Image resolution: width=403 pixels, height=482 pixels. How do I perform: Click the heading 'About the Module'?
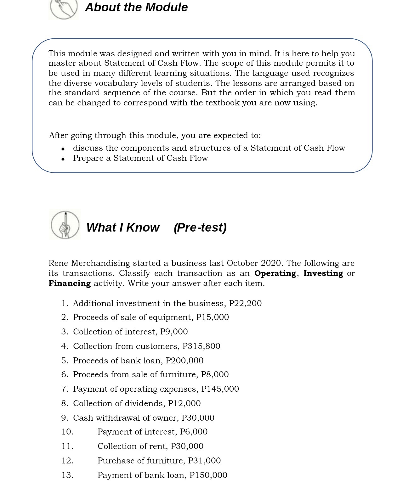136,7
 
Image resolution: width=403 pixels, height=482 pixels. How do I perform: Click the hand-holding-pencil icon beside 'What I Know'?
65,225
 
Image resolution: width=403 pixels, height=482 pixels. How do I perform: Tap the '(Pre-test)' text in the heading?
200,227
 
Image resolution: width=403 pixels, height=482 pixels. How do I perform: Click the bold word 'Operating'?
275,273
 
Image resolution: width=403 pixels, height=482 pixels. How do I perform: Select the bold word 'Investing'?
323,273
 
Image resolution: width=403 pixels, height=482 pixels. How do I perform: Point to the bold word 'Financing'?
70,283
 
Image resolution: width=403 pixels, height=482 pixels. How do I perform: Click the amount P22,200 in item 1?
245,303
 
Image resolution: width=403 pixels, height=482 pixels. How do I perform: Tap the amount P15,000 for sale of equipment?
213,317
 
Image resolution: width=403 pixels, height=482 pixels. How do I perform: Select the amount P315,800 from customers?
201,346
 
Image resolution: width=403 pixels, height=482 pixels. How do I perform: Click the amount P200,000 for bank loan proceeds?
184,361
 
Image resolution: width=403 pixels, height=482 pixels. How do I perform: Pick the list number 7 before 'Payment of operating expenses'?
65,389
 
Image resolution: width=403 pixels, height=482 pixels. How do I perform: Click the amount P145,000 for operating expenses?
220,389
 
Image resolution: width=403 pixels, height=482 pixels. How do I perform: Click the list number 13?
67,475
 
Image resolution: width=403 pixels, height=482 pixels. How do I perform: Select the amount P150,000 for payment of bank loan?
208,475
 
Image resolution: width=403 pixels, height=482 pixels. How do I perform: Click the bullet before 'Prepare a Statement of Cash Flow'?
63,159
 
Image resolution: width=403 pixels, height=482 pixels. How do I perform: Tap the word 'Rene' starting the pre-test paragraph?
58,263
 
